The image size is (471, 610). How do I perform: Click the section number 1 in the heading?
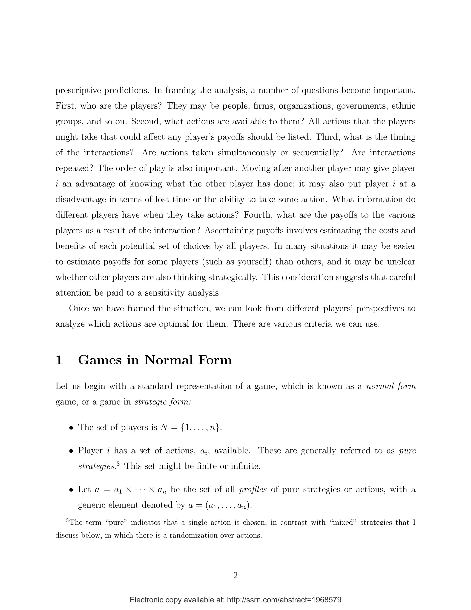click(x=59, y=360)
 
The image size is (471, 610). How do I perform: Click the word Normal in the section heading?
click(x=169, y=360)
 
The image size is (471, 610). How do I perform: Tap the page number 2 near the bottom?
click(x=235, y=575)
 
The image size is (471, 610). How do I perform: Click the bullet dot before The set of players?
click(x=72, y=428)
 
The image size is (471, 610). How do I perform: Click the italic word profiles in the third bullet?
click(x=253, y=489)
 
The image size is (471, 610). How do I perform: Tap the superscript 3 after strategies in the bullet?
click(x=118, y=464)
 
